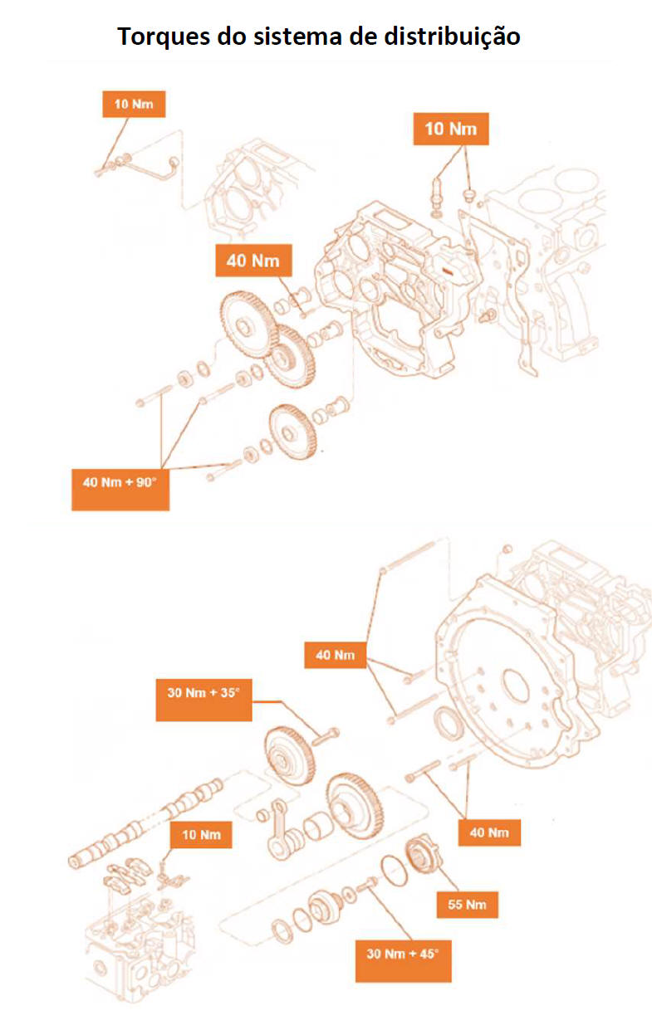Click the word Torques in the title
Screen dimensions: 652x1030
pos(164,37)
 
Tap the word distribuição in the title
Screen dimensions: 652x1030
pos(452,37)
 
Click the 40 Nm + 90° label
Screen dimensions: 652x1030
pos(120,489)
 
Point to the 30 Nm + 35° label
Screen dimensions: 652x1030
pos(203,700)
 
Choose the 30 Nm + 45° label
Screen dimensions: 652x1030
pos(403,961)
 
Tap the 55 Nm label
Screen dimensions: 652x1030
pos(467,905)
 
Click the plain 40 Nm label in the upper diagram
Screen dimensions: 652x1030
pos(253,261)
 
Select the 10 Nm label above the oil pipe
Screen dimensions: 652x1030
pos(134,104)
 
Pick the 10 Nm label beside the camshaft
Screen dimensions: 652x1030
pos(201,835)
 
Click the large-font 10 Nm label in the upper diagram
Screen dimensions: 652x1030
pos(451,129)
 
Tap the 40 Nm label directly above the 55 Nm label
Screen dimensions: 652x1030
pos(489,832)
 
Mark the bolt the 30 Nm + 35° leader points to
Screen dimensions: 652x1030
pos(326,737)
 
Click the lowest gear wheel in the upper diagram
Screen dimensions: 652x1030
pos(293,432)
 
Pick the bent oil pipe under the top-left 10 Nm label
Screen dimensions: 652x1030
pos(138,165)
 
